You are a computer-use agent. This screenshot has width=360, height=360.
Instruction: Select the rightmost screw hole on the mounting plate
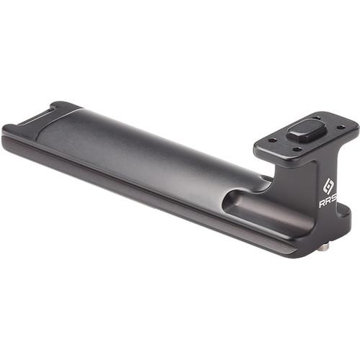(x=339, y=127)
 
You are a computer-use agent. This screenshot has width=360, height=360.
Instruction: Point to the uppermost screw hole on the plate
(x=318, y=118)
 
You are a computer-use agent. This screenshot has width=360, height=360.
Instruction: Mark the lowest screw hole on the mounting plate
(x=297, y=150)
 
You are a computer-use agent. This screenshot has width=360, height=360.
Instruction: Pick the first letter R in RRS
(x=322, y=204)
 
